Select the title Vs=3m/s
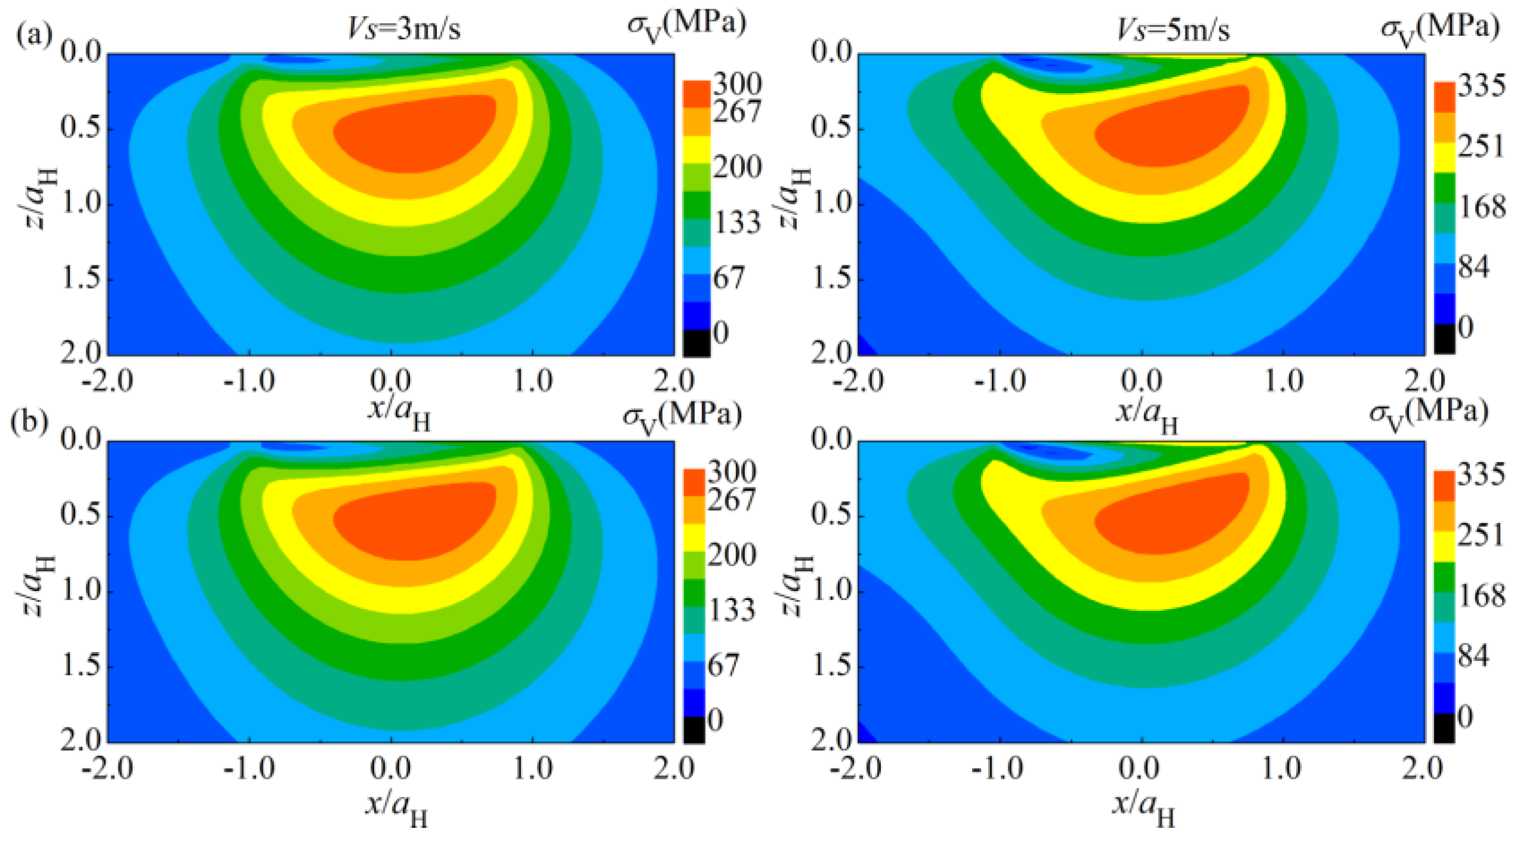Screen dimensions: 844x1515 pyautogui.click(x=405, y=29)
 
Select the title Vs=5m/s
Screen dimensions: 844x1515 pyautogui.click(x=1173, y=29)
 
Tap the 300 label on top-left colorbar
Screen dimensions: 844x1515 pyautogui.click(x=737, y=84)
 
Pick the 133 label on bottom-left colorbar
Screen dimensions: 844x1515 pyautogui.click(x=731, y=610)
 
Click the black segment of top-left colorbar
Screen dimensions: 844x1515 pyautogui.click(x=696, y=342)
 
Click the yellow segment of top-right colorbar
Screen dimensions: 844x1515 pyautogui.click(x=1444, y=157)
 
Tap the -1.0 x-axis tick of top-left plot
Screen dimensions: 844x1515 pyautogui.click(x=249, y=381)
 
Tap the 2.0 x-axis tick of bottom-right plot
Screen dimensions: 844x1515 pyautogui.click(x=1424, y=769)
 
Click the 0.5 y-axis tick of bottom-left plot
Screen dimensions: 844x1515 pyautogui.click(x=80, y=516)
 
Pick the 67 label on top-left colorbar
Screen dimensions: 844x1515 pyautogui.click(x=729, y=277)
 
